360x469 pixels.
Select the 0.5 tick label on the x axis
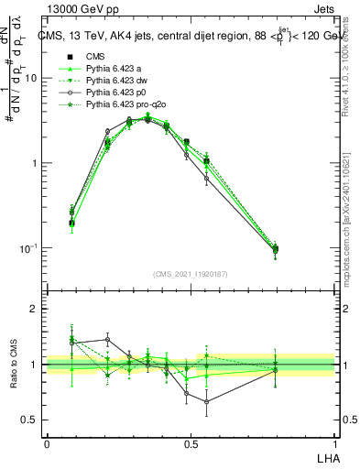190,442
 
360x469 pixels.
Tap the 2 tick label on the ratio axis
35,310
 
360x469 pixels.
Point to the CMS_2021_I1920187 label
191,273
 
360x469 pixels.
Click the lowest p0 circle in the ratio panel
207,401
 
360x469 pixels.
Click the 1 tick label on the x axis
334,442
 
